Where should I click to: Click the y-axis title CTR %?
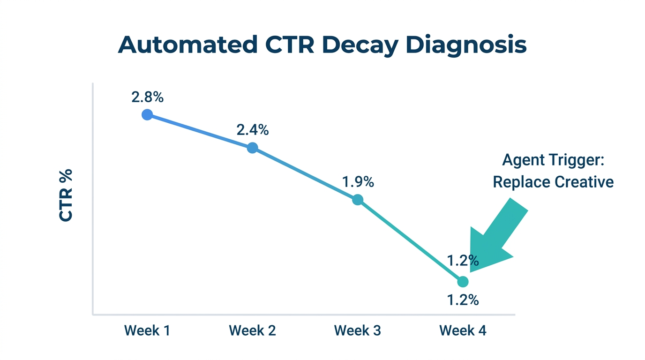click(x=66, y=195)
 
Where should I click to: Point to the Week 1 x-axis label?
click(x=147, y=330)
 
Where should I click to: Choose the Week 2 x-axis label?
click(x=252, y=330)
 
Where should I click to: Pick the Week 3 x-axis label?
click(x=357, y=330)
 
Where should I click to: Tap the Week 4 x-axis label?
click(x=463, y=330)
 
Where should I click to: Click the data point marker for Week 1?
click(x=147, y=115)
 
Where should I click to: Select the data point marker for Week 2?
click(x=252, y=148)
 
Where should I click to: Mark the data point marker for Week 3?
click(x=358, y=200)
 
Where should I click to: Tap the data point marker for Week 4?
click(x=463, y=282)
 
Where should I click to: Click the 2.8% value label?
click(x=147, y=97)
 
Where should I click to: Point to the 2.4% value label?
click(x=252, y=130)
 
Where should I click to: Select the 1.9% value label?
click(x=358, y=182)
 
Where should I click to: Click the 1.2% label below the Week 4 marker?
click(x=463, y=300)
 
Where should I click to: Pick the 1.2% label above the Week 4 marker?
click(x=463, y=260)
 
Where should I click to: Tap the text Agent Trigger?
click(x=553, y=160)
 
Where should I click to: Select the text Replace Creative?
click(x=553, y=181)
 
